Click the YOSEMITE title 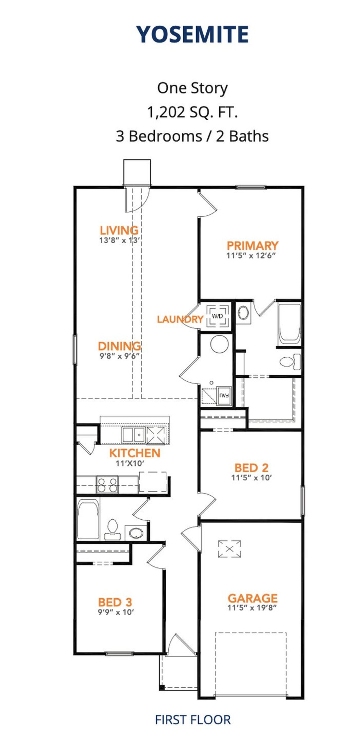[x=192, y=34]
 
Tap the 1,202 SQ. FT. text [x=192, y=112]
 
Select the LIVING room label [x=119, y=230]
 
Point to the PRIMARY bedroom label [x=253, y=246]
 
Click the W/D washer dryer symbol [x=218, y=316]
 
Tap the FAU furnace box [x=224, y=396]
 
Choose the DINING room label [x=120, y=346]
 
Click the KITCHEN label [x=135, y=453]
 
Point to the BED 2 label [x=252, y=468]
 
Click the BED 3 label [x=115, y=602]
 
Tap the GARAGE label [x=253, y=598]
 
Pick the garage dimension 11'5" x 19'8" [x=252, y=608]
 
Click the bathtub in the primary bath [x=289, y=324]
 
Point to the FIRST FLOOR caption [x=193, y=720]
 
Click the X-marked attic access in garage [x=229, y=549]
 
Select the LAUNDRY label [x=180, y=319]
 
